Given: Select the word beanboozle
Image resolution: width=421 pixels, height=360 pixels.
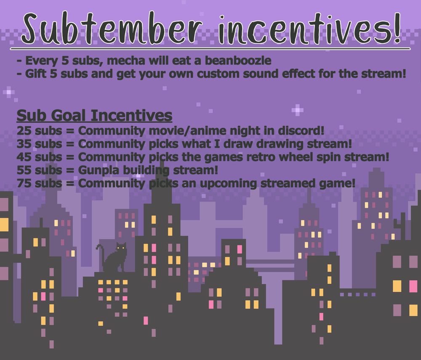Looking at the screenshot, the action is coord(238,61).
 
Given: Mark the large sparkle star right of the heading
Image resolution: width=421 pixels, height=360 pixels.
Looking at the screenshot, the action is coord(298,110).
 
